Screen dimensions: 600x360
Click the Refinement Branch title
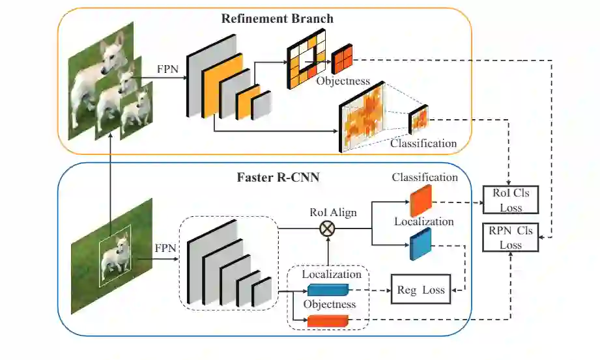277,18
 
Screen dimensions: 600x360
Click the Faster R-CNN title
278,178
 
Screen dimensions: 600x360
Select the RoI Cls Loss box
511,200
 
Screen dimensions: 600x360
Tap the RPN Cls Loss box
511,237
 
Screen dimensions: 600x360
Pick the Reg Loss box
421,290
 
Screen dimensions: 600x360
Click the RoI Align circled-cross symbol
327,228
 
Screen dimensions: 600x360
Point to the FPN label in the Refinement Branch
167,69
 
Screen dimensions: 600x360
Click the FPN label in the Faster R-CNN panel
165,248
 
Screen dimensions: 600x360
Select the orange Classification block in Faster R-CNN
421,201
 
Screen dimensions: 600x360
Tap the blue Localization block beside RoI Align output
421,244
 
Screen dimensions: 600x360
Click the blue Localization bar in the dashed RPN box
328,290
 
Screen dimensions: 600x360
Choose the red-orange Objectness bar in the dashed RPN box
328,321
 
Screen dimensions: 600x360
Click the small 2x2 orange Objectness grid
342,59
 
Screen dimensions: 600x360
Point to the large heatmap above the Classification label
362,117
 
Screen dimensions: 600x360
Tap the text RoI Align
333,213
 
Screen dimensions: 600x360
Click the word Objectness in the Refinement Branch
343,81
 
